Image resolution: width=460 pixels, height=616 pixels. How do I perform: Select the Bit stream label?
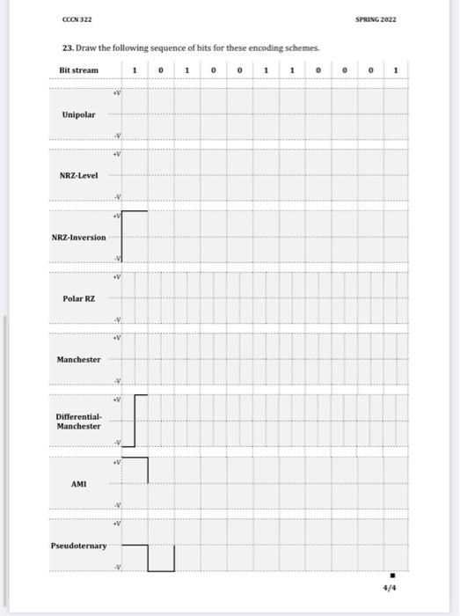[x=78, y=70]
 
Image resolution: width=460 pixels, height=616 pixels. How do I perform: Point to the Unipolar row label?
[x=79, y=114]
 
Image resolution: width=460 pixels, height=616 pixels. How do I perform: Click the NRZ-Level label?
[x=79, y=175]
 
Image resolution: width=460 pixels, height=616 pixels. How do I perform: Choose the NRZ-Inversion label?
[x=78, y=237]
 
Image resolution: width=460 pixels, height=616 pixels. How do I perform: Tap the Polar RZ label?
[x=78, y=298]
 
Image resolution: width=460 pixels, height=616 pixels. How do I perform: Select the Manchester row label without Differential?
[x=78, y=360]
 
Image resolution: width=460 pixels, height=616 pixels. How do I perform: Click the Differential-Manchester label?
[x=78, y=421]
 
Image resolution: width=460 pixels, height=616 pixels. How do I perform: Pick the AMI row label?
[x=79, y=483]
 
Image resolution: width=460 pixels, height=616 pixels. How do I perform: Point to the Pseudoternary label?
[x=78, y=546]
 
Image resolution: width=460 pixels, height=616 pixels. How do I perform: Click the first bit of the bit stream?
[x=134, y=70]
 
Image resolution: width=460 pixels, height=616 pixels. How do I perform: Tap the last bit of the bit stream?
[x=396, y=70]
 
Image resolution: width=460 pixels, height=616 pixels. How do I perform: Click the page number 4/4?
[x=390, y=588]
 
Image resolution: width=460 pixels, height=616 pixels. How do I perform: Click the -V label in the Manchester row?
[x=116, y=381]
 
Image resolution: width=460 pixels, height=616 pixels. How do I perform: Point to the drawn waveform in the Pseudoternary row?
[x=150, y=557]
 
